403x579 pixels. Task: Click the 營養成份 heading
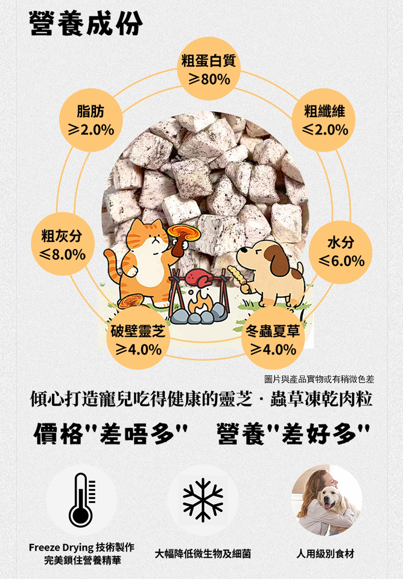(x=86, y=24)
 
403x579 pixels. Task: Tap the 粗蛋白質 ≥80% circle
(x=209, y=69)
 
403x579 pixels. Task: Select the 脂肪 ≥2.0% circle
(x=91, y=120)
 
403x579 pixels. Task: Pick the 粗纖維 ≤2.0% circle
(x=324, y=120)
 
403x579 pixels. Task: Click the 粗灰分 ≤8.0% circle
(x=63, y=244)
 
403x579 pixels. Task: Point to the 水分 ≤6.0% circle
(x=340, y=252)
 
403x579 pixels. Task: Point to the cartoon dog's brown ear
(x=279, y=259)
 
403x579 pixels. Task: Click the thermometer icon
(x=81, y=500)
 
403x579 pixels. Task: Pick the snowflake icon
(x=203, y=500)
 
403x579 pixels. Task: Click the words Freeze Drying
(x=61, y=547)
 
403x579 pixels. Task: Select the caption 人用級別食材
(x=325, y=554)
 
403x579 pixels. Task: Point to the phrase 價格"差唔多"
(x=110, y=434)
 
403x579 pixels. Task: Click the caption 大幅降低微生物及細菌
(x=203, y=554)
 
